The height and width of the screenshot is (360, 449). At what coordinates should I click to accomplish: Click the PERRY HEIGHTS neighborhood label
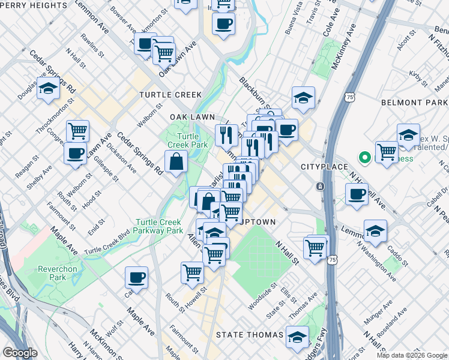coord(34,5)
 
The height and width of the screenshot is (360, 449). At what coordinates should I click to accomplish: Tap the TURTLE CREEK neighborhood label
coord(170,95)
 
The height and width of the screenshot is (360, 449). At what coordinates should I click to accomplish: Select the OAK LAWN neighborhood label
coord(192,116)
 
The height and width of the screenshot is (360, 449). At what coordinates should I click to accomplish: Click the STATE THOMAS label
coord(249,334)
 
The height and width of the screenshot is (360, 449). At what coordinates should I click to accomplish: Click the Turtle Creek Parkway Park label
coord(159,226)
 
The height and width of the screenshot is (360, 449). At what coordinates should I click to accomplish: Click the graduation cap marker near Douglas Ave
coord(48,89)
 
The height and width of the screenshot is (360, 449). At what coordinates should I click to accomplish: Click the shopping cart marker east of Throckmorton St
coord(77,130)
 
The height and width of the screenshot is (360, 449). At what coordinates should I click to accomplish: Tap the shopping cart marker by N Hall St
coord(315,247)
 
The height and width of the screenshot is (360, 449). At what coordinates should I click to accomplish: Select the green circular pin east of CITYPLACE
coord(363,158)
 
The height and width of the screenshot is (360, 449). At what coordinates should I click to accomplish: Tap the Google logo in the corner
coord(20,352)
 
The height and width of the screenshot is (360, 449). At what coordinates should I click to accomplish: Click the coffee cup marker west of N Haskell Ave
coord(357,195)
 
